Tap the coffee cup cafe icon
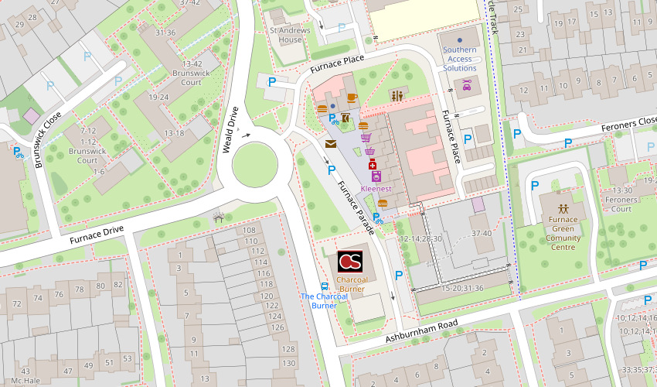pyautogui.click(x=352, y=98)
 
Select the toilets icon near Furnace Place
pyautogui.click(x=398, y=95)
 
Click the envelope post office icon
pyautogui.click(x=331, y=144)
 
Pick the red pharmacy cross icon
pyautogui.click(x=372, y=166)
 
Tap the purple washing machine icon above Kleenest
pyautogui.click(x=376, y=177)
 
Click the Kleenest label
pyautogui.click(x=376, y=189)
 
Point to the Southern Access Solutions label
pyautogui.click(x=459, y=59)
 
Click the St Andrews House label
pyautogui.click(x=285, y=35)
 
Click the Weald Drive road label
pyautogui.click(x=230, y=129)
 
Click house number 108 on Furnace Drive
pyautogui.click(x=249, y=231)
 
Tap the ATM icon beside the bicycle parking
pyautogui.click(x=346, y=118)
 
